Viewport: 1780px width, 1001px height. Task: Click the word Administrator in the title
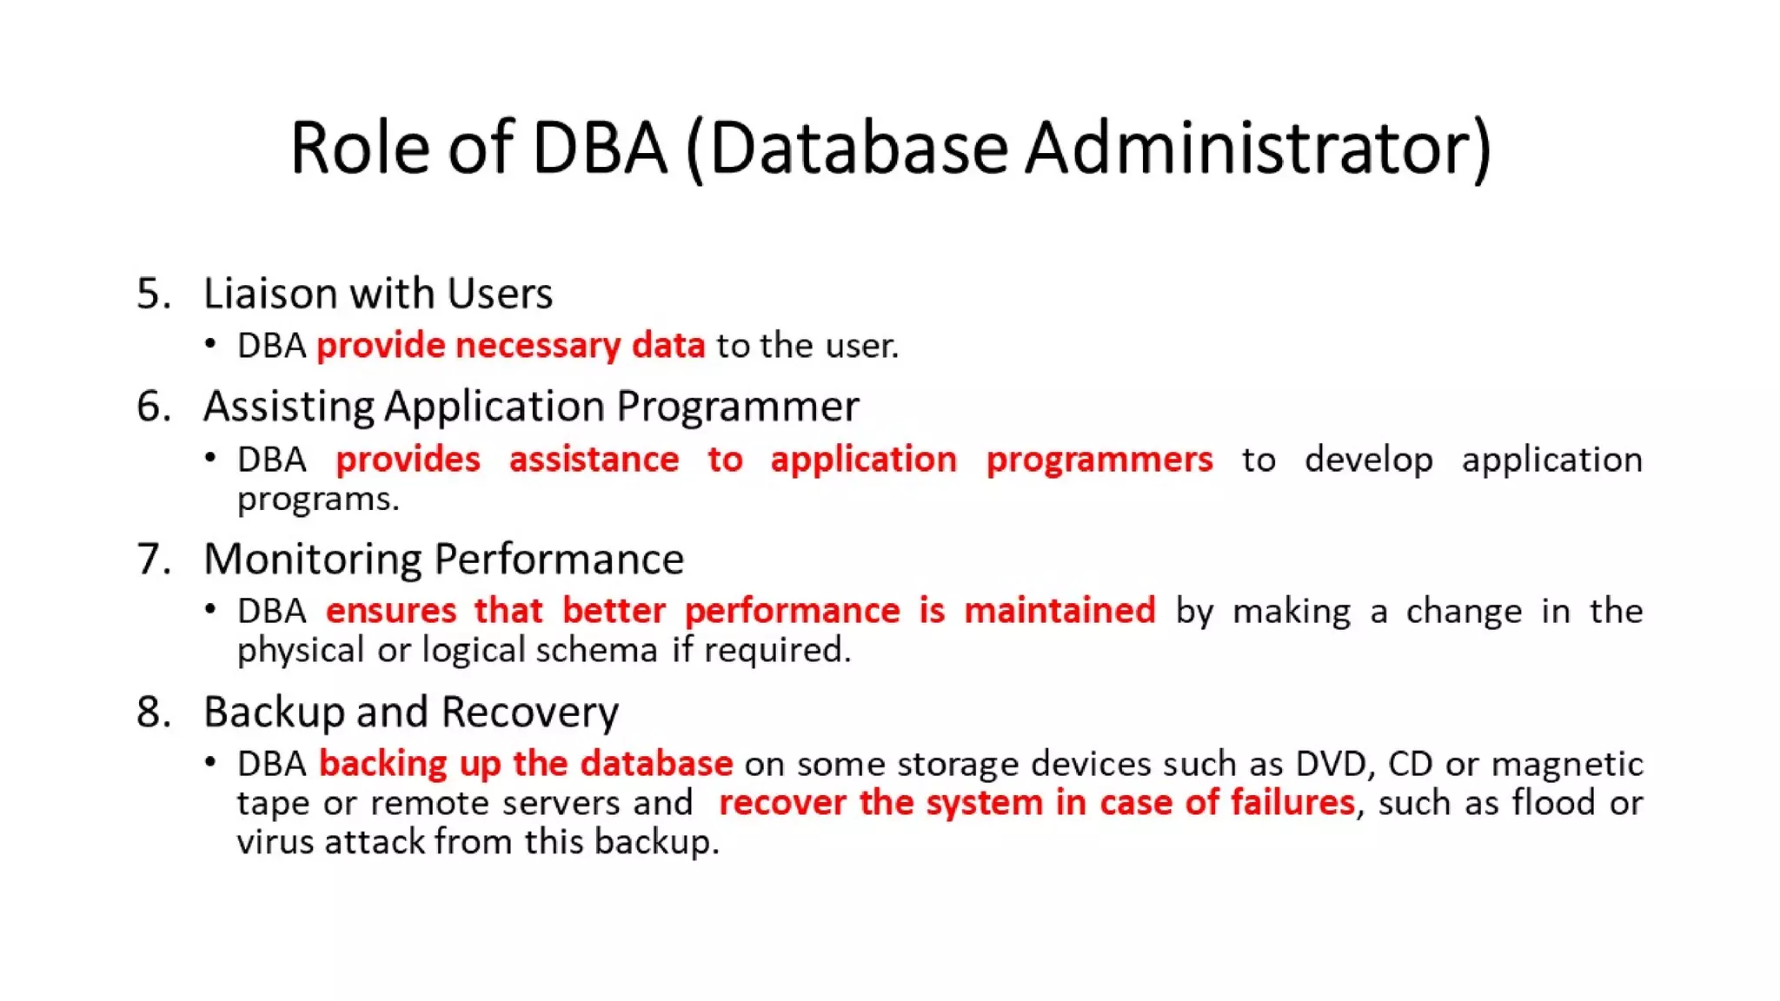1259,148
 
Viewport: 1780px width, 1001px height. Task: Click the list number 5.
153,294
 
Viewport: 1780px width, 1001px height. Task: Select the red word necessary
537,346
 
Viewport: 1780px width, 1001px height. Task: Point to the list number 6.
153,407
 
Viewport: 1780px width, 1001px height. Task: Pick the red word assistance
594,459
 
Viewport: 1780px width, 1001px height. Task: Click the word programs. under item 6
318,499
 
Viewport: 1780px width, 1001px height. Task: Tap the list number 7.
153,559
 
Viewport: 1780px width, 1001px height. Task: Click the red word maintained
1059,610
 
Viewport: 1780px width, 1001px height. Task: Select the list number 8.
153,712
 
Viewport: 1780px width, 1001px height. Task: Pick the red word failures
1292,802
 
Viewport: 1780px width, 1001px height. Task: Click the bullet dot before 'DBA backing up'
210,763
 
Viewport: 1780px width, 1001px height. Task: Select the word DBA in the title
599,148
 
